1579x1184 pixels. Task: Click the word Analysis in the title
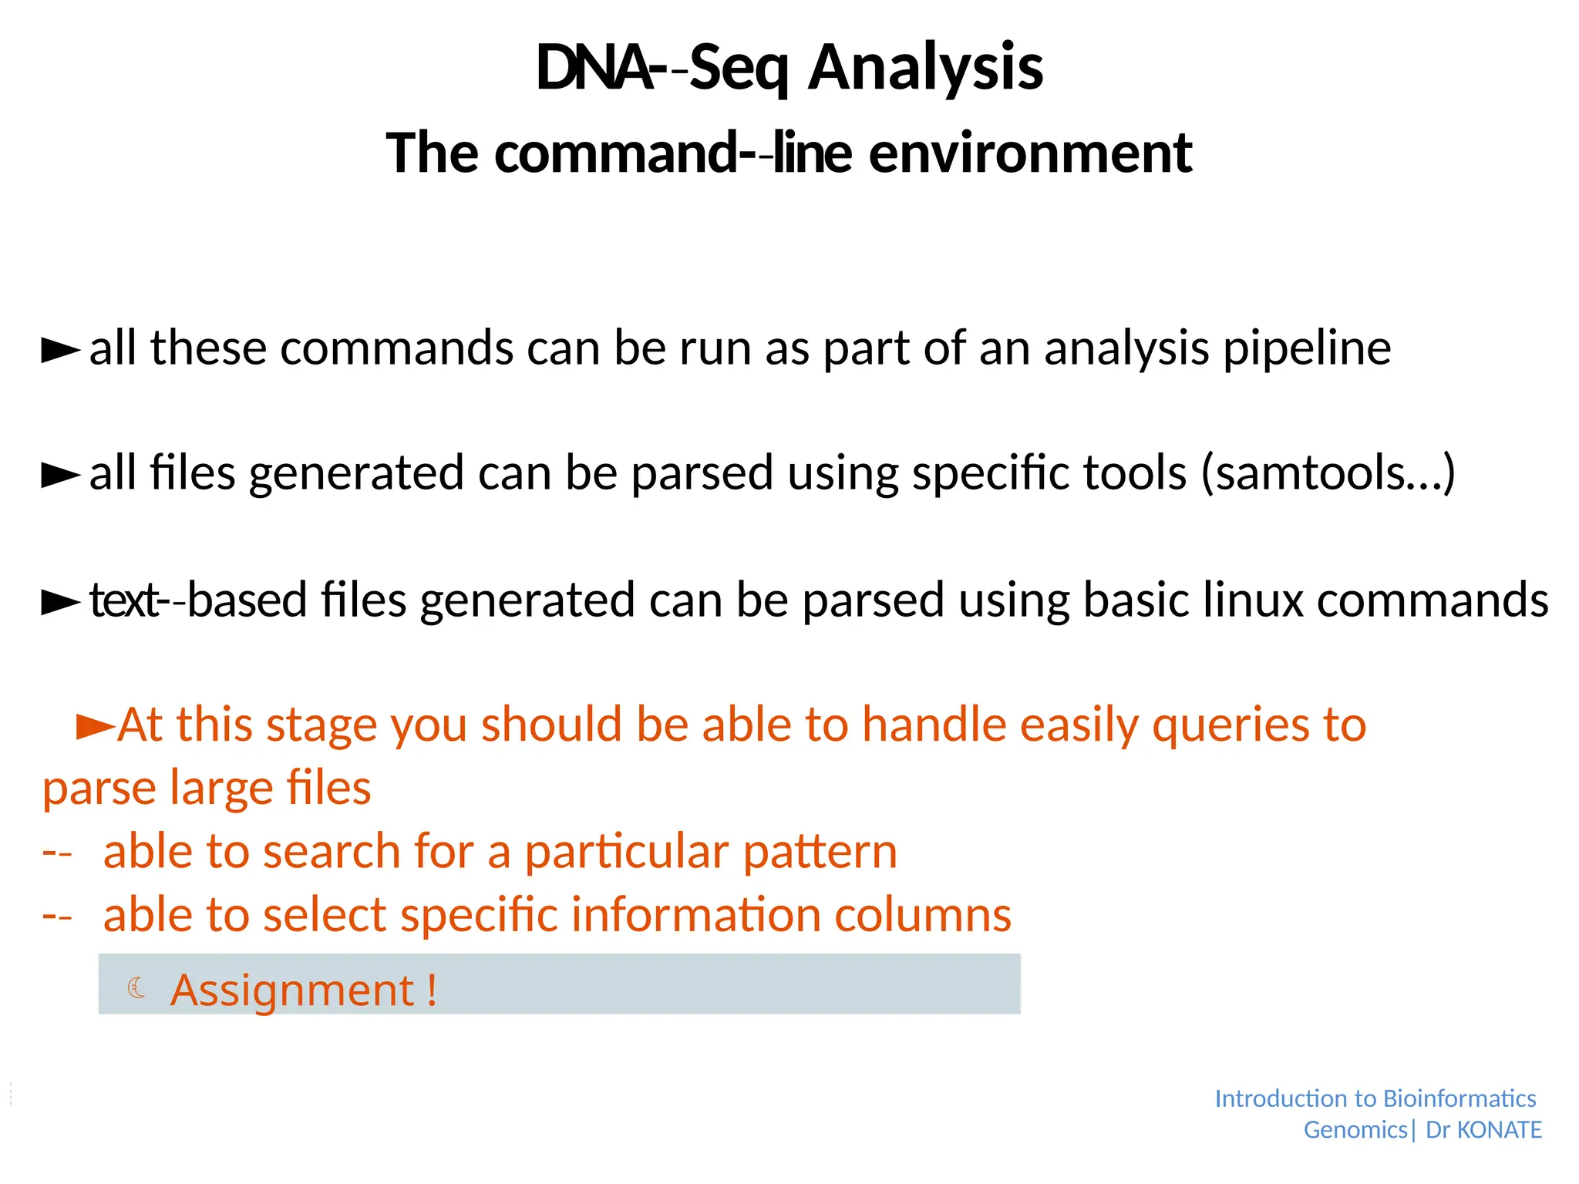click(925, 68)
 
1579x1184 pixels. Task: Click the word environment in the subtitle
click(1031, 153)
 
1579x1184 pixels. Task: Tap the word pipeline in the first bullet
click(1307, 348)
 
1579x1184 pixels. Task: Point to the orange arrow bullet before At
click(96, 726)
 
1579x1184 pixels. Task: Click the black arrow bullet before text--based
click(60, 602)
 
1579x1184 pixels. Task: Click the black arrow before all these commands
click(60, 350)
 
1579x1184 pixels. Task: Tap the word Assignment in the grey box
click(292, 990)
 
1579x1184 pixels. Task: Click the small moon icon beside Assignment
click(136, 987)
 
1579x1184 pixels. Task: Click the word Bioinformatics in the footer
click(1459, 1098)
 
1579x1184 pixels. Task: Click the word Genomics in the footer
click(1355, 1130)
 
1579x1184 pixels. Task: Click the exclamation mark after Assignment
click(431, 990)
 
